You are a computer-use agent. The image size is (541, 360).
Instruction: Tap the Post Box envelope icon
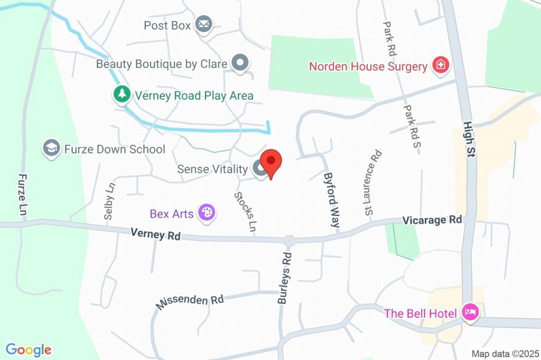pos(203,25)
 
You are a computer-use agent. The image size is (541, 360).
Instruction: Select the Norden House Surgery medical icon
pos(440,66)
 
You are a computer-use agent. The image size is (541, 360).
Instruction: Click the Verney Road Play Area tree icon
pos(122,95)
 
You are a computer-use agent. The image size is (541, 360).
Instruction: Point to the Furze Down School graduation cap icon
pos(51,149)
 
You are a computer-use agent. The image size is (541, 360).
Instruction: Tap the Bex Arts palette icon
pos(206,213)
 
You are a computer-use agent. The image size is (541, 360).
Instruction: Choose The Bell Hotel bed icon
pos(469,312)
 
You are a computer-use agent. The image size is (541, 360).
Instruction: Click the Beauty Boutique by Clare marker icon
pos(240,63)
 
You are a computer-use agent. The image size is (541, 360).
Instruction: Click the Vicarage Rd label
pos(432,220)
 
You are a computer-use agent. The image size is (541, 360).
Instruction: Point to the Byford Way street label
pos(331,200)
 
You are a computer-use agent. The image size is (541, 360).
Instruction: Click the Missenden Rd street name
pos(190,301)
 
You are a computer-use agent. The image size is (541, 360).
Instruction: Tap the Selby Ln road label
pos(109,201)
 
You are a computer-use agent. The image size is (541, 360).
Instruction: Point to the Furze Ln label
pos(22,194)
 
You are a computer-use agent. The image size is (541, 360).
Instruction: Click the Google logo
pos(29,349)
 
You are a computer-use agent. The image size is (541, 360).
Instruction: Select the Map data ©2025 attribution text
pos(505,354)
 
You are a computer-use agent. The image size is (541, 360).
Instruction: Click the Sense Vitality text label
pos(212,169)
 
